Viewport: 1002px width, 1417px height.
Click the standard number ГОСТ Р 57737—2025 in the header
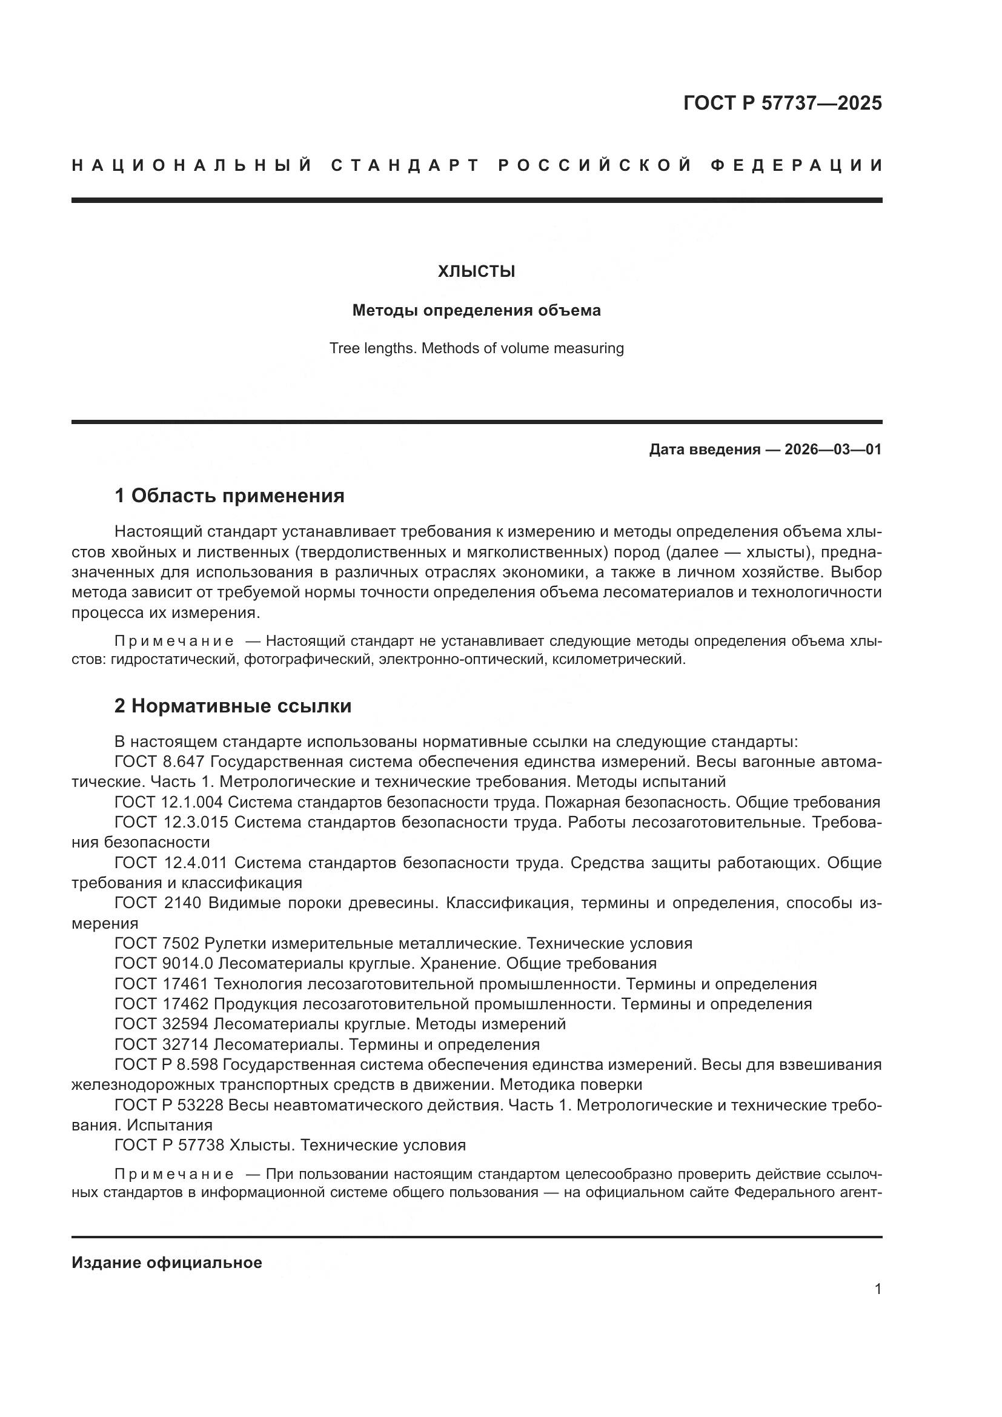tap(782, 103)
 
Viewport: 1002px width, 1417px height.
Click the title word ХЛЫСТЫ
tap(476, 271)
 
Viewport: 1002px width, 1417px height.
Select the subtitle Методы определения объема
tap(476, 310)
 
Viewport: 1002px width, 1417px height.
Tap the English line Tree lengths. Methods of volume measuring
tap(476, 348)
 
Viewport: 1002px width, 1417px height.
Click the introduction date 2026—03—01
tap(833, 450)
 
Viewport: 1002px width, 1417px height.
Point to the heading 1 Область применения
tap(229, 496)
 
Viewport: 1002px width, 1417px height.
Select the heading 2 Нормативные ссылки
tap(233, 706)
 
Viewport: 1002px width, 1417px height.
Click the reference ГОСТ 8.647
tap(159, 762)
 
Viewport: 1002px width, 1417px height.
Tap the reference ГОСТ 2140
tap(158, 903)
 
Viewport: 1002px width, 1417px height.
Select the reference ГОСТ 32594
tap(162, 1024)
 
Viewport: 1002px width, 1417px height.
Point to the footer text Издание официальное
tap(167, 1263)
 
